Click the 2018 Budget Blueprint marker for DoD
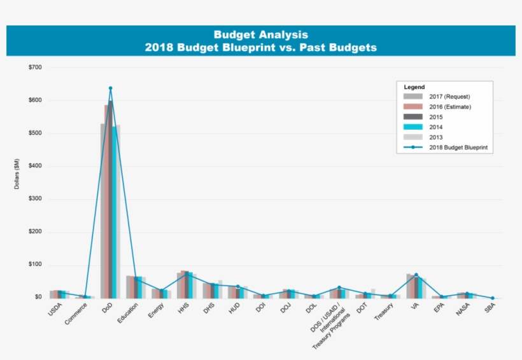[110, 88]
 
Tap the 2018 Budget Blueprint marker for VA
[416, 275]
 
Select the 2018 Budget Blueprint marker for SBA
[492, 298]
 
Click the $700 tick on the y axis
[35, 67]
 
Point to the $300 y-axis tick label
[35, 199]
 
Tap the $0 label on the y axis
[38, 298]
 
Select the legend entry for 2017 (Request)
[449, 97]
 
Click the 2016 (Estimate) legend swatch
[413, 107]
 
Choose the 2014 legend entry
[437, 127]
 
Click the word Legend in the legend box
[414, 87]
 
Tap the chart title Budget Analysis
[260, 35]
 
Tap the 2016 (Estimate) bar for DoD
[107, 201]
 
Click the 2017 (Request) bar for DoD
[102, 211]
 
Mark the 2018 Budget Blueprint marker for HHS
[187, 274]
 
